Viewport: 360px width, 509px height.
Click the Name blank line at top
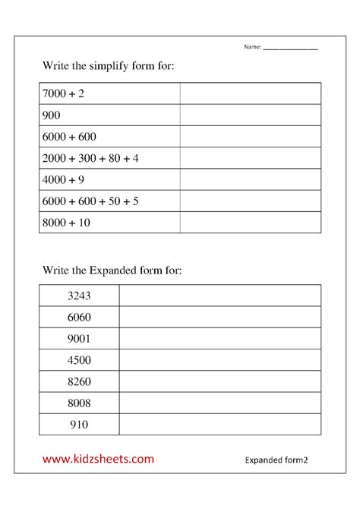point(290,49)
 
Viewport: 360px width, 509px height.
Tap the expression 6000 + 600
point(68,137)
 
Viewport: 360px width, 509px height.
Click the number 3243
point(79,295)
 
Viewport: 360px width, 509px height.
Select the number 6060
point(79,316)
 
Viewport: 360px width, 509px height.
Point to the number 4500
point(79,359)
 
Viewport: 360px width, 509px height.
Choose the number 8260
point(79,381)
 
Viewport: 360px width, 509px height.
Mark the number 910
point(79,424)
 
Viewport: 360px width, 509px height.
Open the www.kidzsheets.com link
point(97,459)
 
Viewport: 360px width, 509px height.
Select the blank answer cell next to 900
point(250,115)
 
